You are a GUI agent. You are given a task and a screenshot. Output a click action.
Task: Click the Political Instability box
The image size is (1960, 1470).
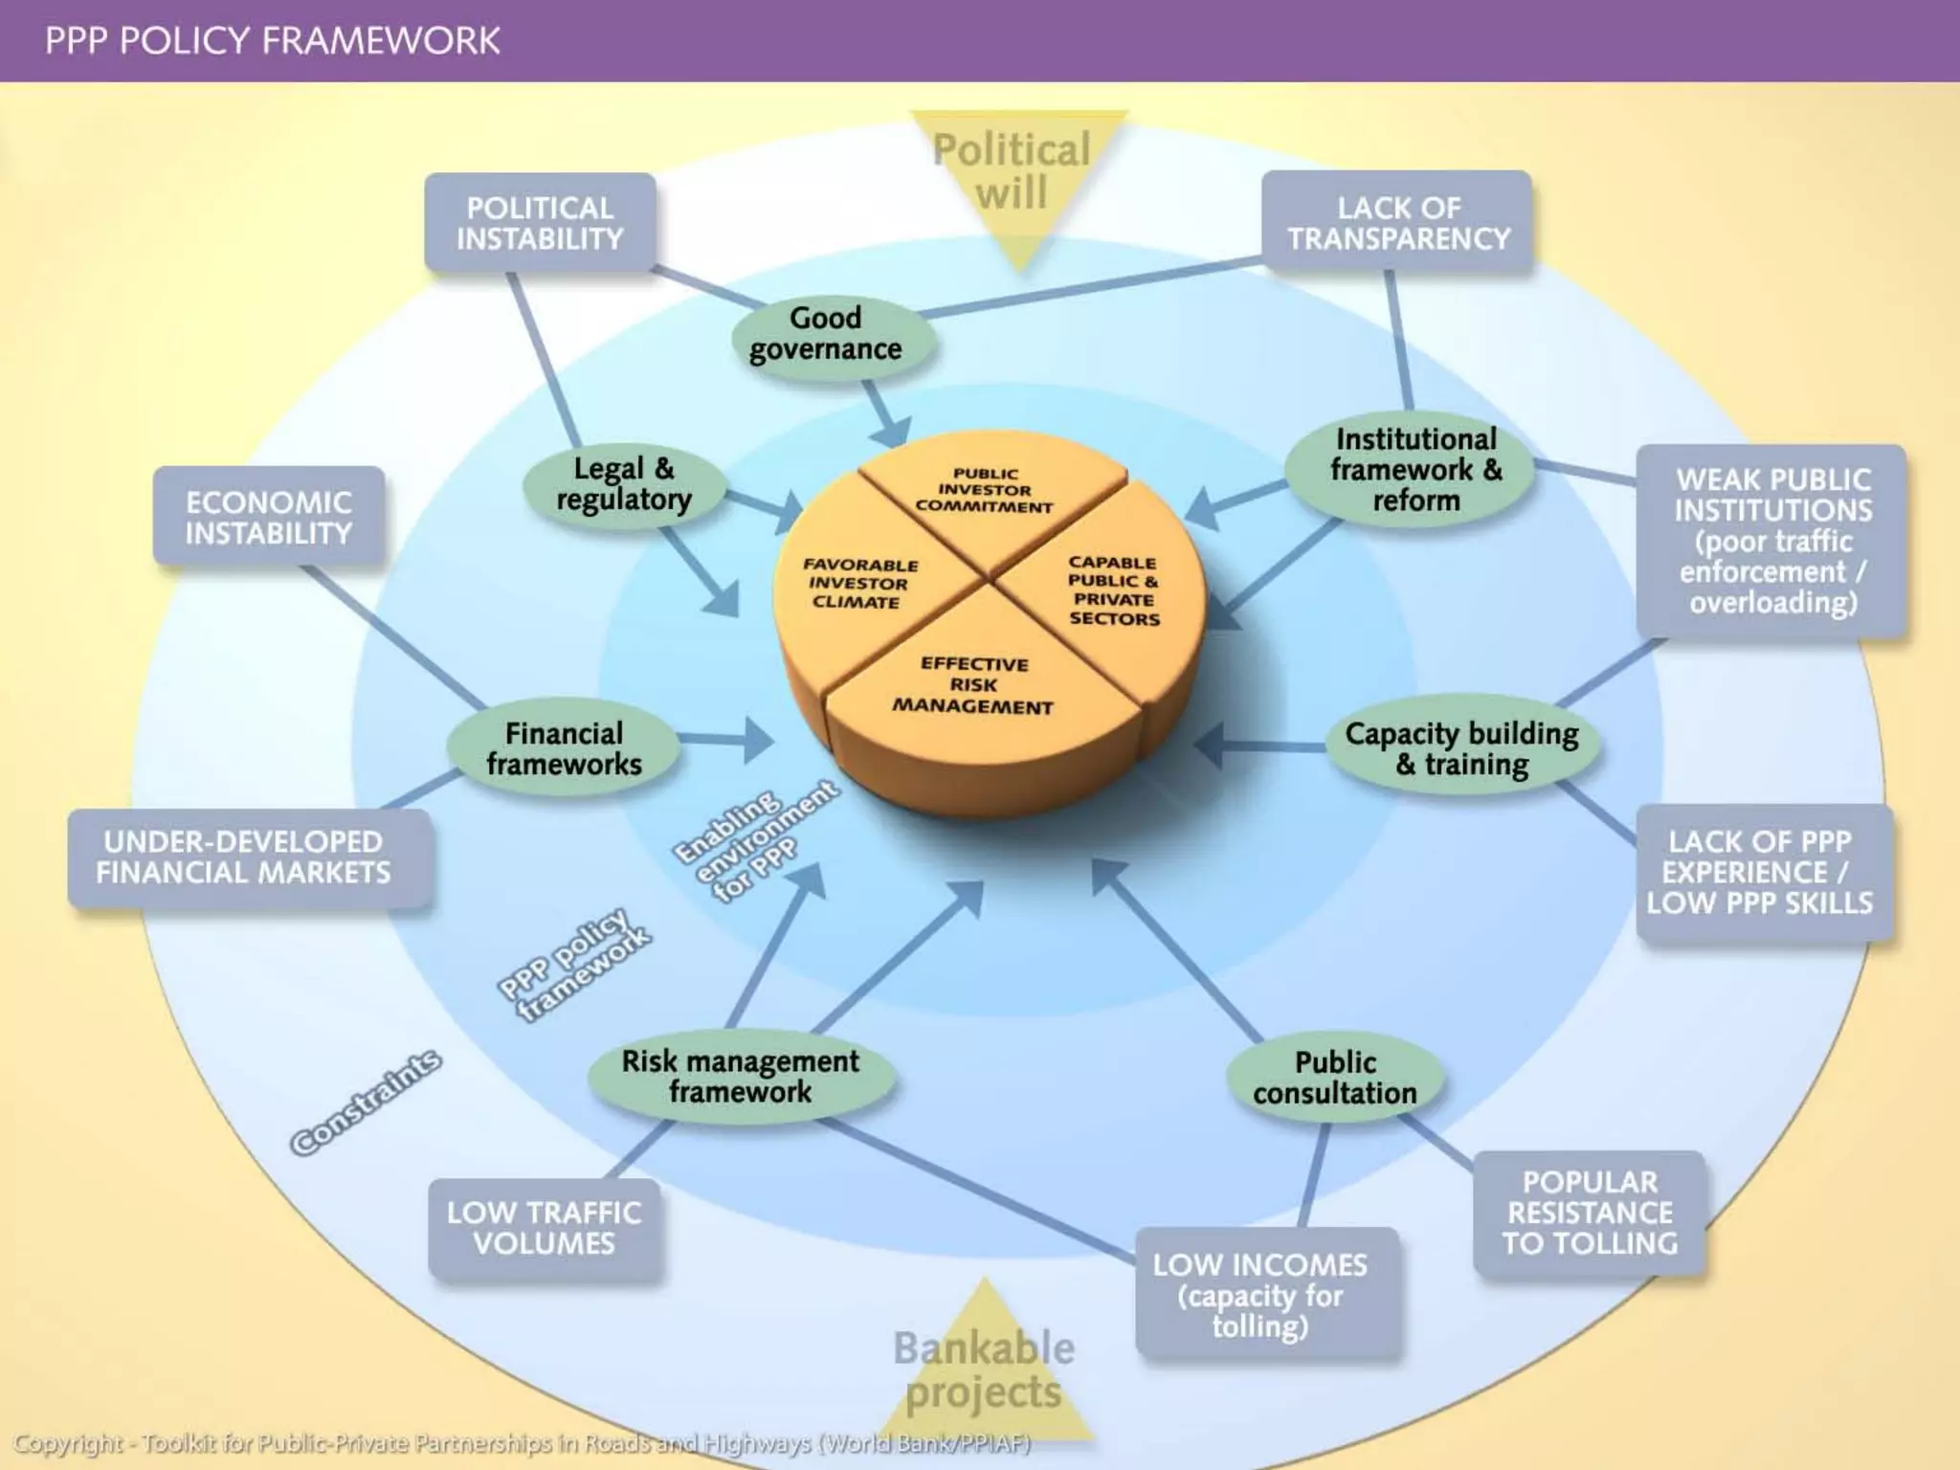pyautogui.click(x=540, y=223)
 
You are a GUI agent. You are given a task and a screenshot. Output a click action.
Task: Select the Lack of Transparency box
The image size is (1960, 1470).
pyautogui.click(x=1397, y=223)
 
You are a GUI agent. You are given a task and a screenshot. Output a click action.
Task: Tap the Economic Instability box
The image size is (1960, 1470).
pyautogui.click(x=269, y=517)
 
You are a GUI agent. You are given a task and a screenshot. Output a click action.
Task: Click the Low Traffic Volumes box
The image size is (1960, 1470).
pyautogui.click(x=544, y=1228)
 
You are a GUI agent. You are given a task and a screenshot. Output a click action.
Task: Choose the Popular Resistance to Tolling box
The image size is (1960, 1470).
pyautogui.click(x=1589, y=1213)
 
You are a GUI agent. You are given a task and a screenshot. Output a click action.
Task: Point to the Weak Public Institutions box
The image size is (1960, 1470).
pyautogui.click(x=1771, y=541)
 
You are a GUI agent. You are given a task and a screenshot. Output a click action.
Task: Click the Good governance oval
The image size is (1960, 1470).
pyautogui.click(x=825, y=334)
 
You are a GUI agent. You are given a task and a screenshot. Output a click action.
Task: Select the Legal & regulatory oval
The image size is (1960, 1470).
pyautogui.click(x=623, y=484)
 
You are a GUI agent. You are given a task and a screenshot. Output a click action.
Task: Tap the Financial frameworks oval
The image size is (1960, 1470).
pyautogui.click(x=564, y=748)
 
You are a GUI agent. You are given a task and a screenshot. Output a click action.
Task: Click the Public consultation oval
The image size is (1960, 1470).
pyautogui.click(x=1335, y=1078)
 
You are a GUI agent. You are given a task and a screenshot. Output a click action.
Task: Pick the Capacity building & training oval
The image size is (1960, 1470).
pyautogui.click(x=1461, y=748)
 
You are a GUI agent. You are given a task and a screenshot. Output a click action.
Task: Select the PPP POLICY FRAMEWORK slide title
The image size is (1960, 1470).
pyautogui.click(x=273, y=41)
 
